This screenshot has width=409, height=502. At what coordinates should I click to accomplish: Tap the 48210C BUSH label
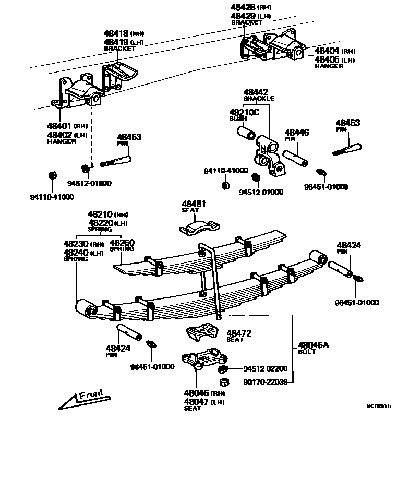click(244, 115)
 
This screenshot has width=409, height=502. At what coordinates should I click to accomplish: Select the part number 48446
click(296, 133)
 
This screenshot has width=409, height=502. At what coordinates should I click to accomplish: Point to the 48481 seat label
click(194, 205)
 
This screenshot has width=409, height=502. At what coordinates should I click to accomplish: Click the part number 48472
click(239, 333)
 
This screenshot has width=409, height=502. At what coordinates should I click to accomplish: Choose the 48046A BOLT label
click(314, 348)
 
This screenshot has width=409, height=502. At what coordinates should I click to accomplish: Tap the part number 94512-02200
click(264, 368)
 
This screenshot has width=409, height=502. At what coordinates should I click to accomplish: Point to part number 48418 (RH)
click(116, 33)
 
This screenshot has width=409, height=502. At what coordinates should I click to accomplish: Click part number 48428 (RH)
click(245, 7)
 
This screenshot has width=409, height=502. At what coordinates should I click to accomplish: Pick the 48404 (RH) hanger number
click(328, 51)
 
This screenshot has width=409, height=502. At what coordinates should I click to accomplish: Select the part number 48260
click(122, 243)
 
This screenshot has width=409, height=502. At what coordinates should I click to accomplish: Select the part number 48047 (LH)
click(196, 402)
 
